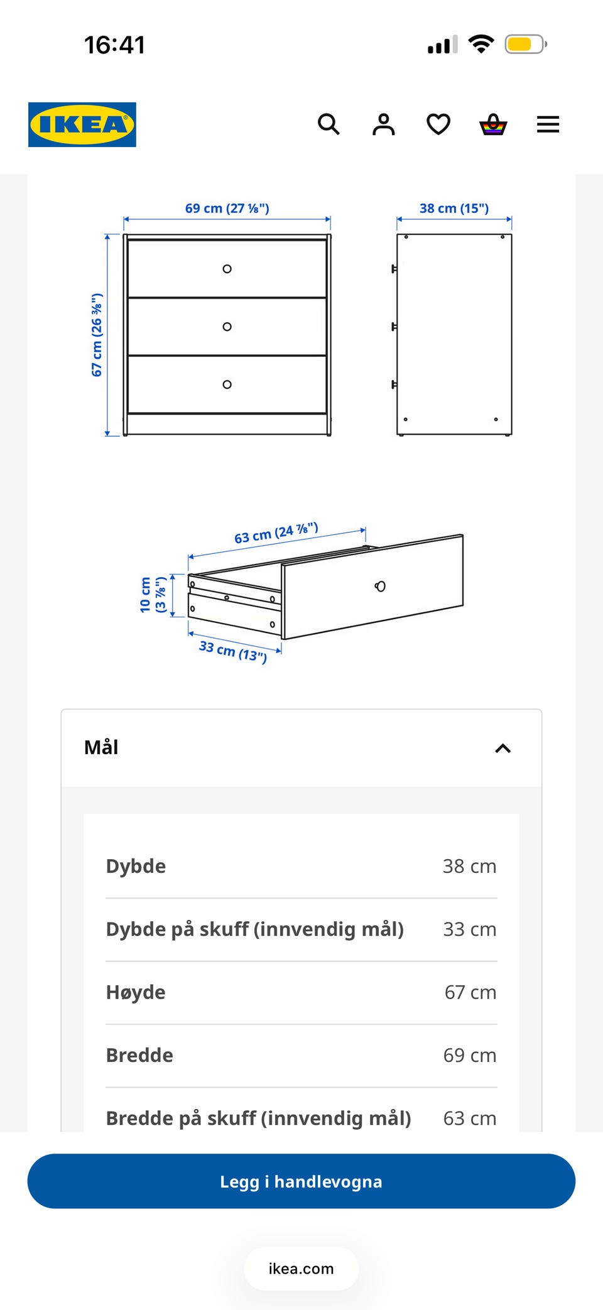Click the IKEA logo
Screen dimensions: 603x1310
[x=82, y=124]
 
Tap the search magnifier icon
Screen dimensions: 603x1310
[x=329, y=124]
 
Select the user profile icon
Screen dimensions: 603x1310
[x=384, y=124]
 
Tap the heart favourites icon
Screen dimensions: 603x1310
[x=438, y=124]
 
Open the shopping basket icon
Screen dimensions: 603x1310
[x=493, y=124]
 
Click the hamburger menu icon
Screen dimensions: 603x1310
[x=548, y=124]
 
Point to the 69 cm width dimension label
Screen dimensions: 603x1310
[x=227, y=208]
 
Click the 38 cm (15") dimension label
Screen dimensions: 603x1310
[x=454, y=208]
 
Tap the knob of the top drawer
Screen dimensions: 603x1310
[x=227, y=269]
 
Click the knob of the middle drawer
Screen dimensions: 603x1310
[x=227, y=327]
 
